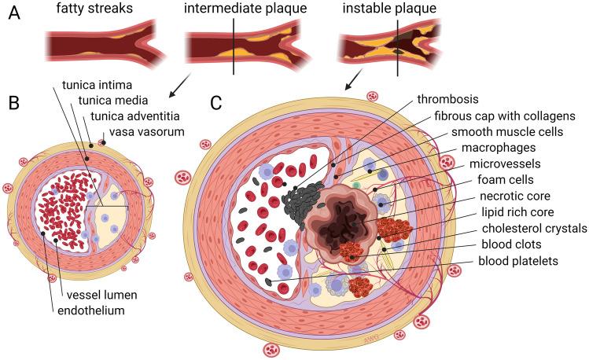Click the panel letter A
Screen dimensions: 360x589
click(x=14, y=14)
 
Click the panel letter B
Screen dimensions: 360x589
click(x=14, y=102)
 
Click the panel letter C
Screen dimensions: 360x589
click(x=215, y=102)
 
